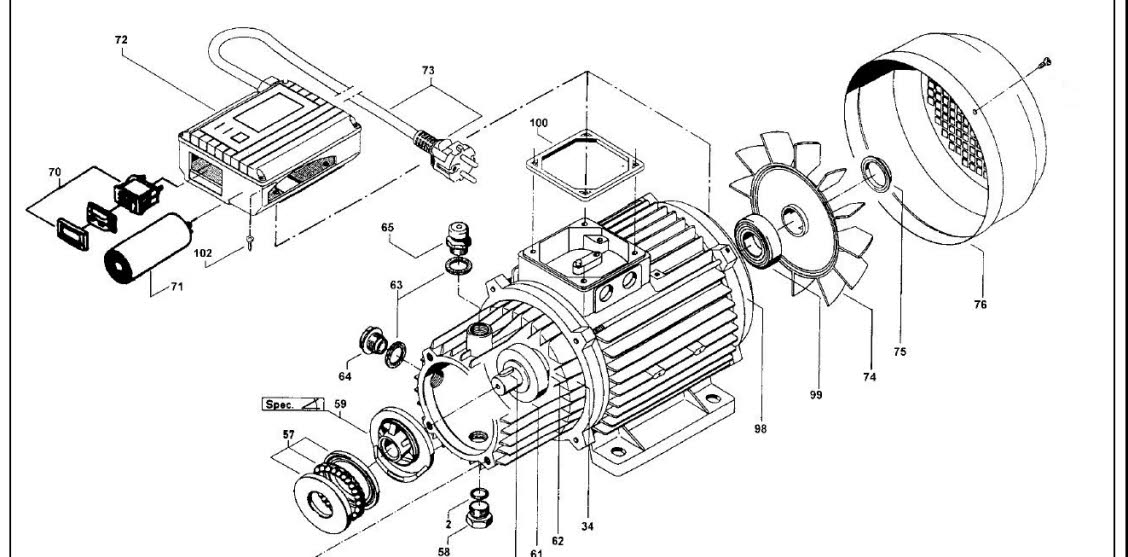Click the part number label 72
(121, 39)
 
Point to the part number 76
(980, 303)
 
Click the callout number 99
(817, 395)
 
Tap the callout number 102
(203, 254)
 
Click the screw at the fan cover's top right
(1044, 63)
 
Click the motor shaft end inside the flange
(508, 380)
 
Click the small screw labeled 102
(246, 236)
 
